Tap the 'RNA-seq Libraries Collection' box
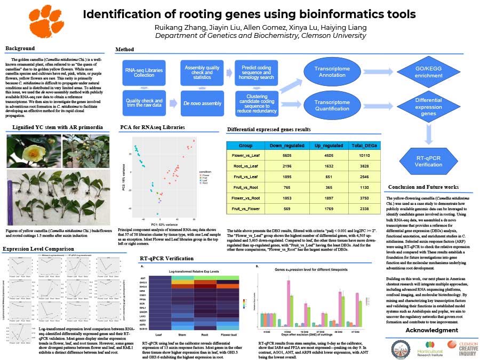[144, 73]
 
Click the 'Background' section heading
[20, 49]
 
